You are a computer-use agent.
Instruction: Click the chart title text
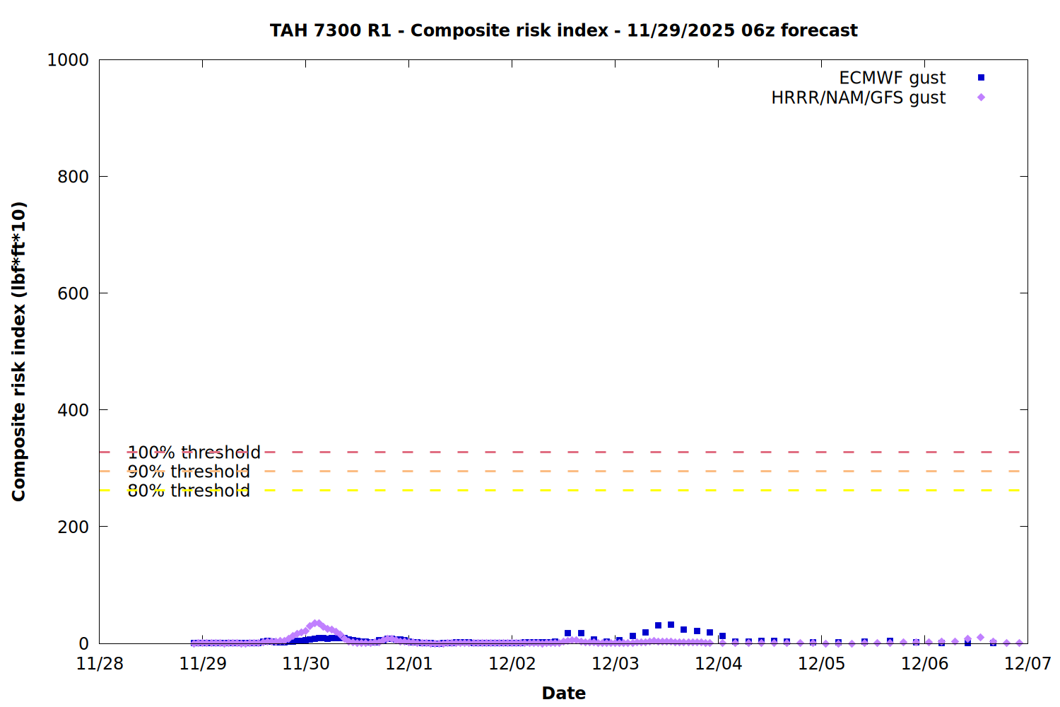coord(563,30)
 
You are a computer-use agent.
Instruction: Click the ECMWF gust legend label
coord(892,78)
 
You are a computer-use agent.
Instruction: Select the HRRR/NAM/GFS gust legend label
coord(858,98)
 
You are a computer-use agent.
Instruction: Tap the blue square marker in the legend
coord(981,78)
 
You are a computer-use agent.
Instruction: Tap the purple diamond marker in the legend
coord(981,98)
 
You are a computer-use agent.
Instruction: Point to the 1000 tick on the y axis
coord(68,60)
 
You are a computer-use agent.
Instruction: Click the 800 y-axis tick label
coord(73,177)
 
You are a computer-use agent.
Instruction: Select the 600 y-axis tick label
coord(73,293)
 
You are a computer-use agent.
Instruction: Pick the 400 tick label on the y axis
coord(73,410)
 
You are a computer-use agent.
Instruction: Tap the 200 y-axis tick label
coord(73,527)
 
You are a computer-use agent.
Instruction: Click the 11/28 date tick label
coord(100,663)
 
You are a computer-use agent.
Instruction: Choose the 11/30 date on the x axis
coord(306,663)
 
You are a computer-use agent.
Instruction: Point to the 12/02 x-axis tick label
coord(512,663)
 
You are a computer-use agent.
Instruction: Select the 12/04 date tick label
coord(719,663)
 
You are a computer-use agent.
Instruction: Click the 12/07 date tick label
coord(1027,663)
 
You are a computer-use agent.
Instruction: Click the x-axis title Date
coord(563,693)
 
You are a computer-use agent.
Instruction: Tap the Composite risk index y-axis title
coord(19,351)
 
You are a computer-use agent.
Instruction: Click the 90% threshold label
coord(189,472)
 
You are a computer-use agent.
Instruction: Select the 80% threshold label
coord(189,491)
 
